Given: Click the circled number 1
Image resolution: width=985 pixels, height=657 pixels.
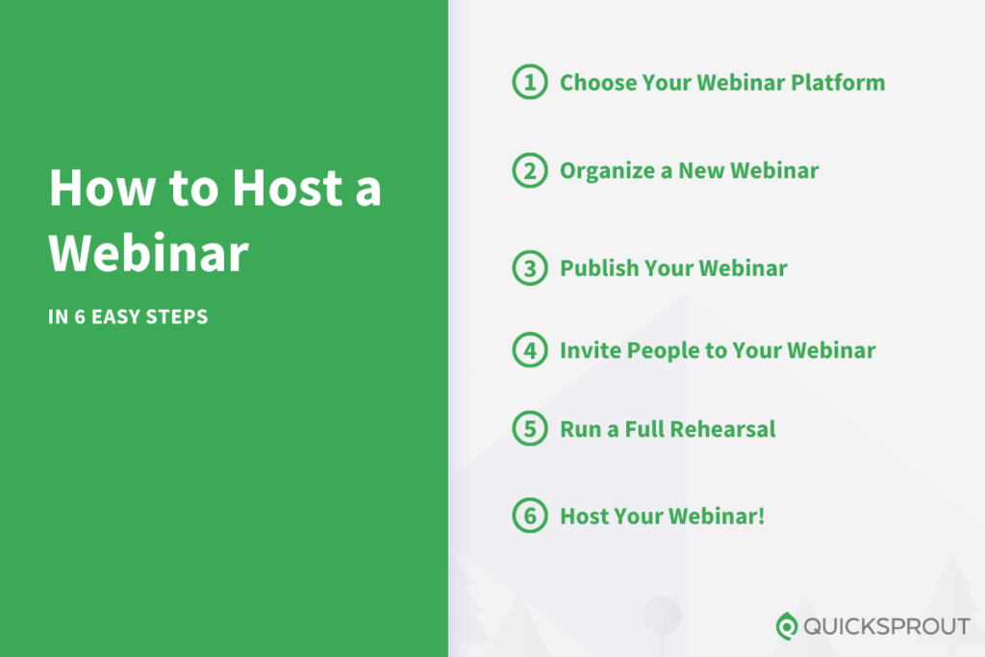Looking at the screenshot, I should [529, 83].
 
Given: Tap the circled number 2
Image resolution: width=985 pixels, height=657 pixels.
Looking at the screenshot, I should [529, 171].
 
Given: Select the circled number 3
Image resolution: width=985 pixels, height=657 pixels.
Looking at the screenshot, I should [529, 268].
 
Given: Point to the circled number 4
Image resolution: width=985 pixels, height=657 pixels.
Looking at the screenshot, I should [529, 350].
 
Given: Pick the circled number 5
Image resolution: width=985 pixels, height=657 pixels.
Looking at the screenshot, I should [529, 428].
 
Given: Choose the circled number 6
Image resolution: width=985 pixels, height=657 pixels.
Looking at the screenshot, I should [529, 516].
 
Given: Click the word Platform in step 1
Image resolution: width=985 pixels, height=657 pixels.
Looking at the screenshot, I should [838, 83].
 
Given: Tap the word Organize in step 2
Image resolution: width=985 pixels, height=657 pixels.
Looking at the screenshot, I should [602, 171].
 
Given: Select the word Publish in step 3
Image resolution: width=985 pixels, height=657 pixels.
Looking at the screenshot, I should [599, 268].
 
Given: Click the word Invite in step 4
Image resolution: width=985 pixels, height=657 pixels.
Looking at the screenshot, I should [591, 350].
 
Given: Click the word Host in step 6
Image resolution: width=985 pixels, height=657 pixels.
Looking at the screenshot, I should [584, 516].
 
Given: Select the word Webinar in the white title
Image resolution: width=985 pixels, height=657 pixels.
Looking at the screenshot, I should [149, 253].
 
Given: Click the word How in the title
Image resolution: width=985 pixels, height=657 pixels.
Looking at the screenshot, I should [99, 188].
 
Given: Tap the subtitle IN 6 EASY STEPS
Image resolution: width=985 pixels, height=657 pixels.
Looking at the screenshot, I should [128, 316].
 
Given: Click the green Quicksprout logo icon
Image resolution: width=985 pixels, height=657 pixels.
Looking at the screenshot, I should [787, 626].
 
